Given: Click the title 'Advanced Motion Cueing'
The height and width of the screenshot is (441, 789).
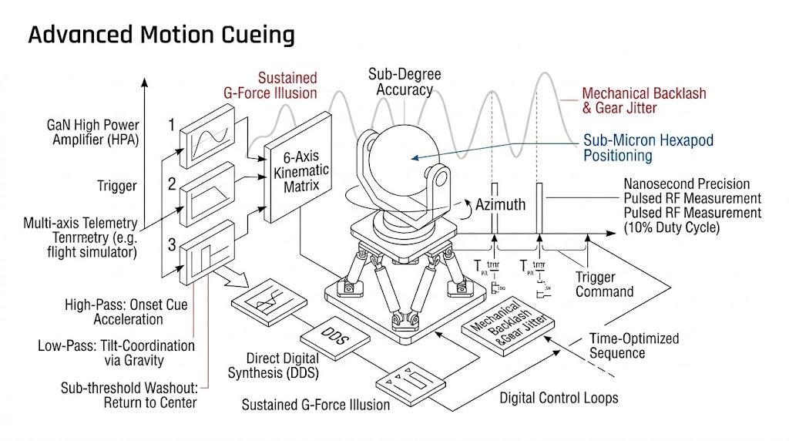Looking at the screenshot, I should click(x=162, y=35).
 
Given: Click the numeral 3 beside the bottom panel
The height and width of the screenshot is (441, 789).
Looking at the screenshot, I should click(x=173, y=245).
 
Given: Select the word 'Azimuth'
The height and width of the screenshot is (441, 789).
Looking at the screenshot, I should click(x=501, y=204).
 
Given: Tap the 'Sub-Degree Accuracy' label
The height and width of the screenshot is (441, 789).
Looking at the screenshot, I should click(x=405, y=82).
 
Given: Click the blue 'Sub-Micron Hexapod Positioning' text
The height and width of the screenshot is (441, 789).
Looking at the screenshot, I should click(x=648, y=148).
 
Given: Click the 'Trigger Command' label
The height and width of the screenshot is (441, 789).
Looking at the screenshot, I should click(x=605, y=284).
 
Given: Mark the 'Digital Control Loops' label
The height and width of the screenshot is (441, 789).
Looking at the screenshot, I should click(x=559, y=399).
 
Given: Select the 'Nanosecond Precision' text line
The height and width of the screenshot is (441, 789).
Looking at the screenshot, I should click(x=687, y=184).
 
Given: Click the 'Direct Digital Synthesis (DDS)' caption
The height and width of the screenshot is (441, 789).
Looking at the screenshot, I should click(x=274, y=365).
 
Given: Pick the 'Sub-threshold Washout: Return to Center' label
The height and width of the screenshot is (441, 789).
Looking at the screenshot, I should click(x=128, y=395).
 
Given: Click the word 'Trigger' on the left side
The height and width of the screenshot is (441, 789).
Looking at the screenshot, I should click(x=116, y=186).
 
